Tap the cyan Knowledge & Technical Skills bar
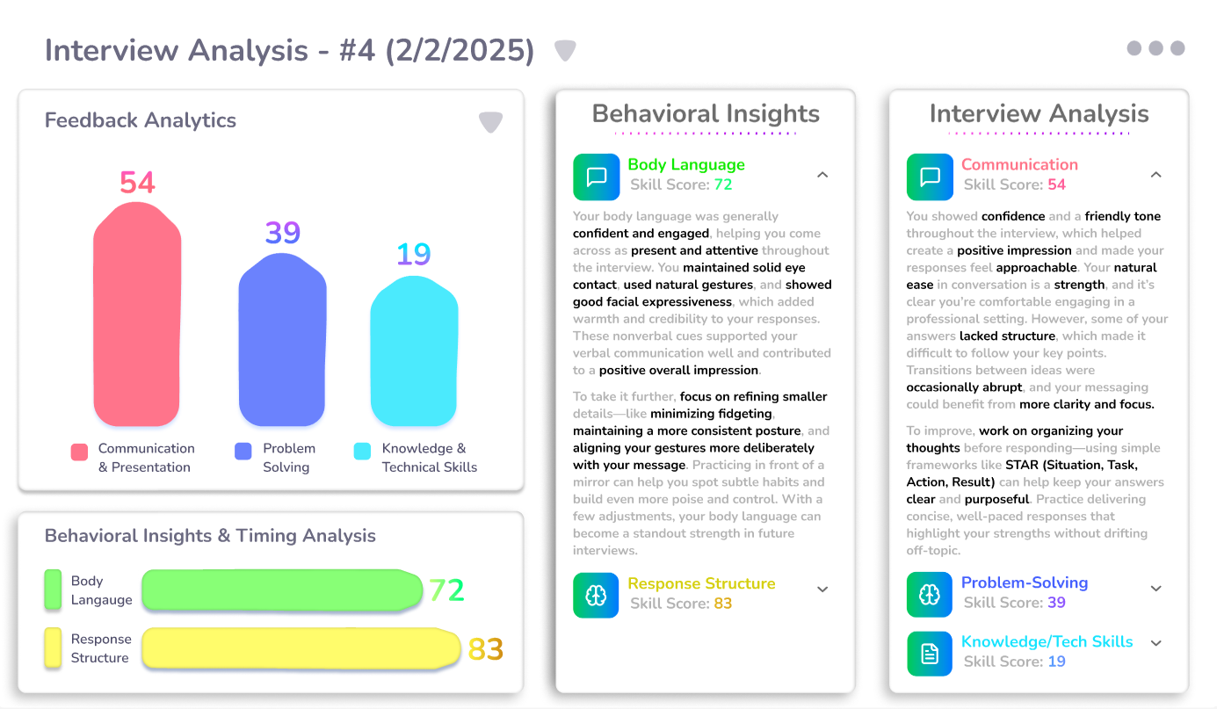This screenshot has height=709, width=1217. click(414, 351)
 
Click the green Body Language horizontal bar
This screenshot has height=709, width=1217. click(281, 590)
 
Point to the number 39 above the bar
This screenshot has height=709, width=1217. click(283, 233)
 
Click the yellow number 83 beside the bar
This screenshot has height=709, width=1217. click(485, 649)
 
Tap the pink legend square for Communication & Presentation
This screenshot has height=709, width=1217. click(79, 452)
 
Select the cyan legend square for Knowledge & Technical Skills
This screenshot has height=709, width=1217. click(362, 452)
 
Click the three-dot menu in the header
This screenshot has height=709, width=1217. click(1155, 48)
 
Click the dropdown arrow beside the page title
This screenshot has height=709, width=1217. click(565, 51)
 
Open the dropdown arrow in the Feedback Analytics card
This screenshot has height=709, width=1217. click(490, 122)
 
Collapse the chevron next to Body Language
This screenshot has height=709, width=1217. click(822, 175)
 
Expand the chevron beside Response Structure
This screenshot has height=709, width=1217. click(822, 590)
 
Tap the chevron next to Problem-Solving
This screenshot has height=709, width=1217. click(1156, 589)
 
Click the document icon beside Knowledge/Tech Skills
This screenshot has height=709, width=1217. click(929, 653)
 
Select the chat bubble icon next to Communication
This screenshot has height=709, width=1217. click(929, 177)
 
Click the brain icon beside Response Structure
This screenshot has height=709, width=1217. click(596, 595)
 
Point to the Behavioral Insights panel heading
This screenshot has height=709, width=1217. click(706, 114)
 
